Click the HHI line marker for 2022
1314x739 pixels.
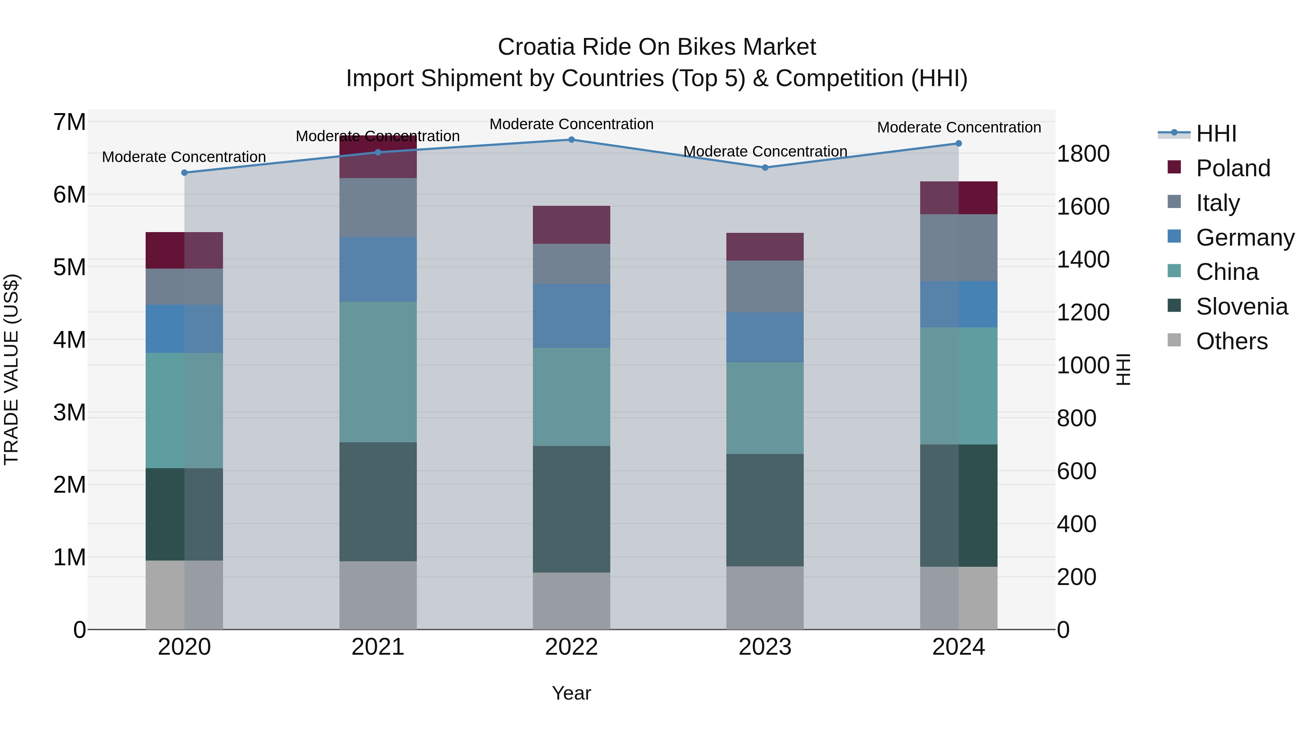tap(571, 140)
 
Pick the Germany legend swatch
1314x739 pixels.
tap(1174, 236)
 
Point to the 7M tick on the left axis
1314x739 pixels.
tap(69, 122)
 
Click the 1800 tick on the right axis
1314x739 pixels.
tap(1083, 154)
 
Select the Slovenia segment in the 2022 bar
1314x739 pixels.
tap(571, 509)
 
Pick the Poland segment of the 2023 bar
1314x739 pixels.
tap(765, 247)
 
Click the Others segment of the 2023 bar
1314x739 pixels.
tap(765, 598)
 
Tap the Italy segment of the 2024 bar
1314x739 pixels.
tap(958, 248)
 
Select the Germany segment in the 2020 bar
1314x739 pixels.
tap(184, 329)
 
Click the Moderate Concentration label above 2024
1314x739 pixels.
tap(958, 127)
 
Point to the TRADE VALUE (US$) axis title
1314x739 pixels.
tap(11, 369)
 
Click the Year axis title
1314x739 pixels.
tap(571, 693)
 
